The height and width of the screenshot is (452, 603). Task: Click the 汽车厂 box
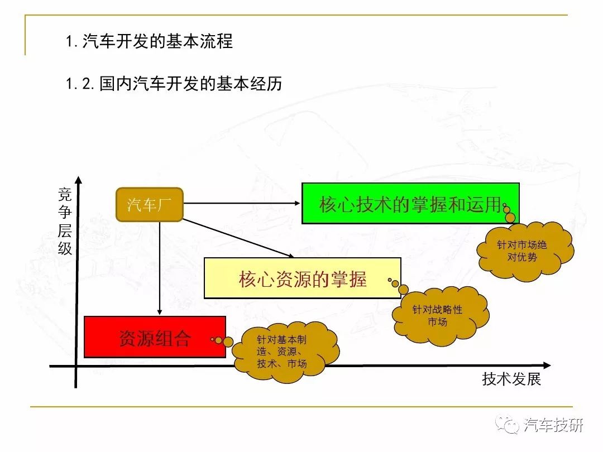(149, 204)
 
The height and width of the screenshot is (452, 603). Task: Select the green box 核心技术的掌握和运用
(410, 203)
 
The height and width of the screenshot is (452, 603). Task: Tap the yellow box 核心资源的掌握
(302, 278)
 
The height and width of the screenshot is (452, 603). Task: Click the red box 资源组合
(155, 337)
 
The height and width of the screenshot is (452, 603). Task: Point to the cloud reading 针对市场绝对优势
(525, 251)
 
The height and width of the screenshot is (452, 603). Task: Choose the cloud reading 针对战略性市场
(441, 315)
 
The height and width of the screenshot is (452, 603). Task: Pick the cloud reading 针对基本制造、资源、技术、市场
(285, 352)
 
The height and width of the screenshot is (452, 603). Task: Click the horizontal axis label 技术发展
(511, 379)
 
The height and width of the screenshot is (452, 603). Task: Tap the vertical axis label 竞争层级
(65, 222)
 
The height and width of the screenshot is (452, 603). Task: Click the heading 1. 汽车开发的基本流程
(149, 41)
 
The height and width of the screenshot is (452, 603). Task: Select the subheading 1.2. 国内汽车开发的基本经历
(174, 83)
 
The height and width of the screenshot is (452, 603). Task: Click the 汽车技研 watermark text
(553, 425)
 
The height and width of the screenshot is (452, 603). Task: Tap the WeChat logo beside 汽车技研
(507, 424)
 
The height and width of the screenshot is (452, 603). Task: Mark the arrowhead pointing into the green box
(297, 203)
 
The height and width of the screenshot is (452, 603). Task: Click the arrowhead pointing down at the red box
(160, 312)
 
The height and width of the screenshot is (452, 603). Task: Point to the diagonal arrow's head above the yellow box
(291, 255)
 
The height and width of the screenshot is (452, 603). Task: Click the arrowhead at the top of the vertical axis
(79, 180)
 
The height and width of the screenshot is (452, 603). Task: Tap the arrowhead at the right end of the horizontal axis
(547, 365)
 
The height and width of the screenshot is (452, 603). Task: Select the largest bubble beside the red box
(228, 342)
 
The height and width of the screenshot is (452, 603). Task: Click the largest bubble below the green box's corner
(510, 218)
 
